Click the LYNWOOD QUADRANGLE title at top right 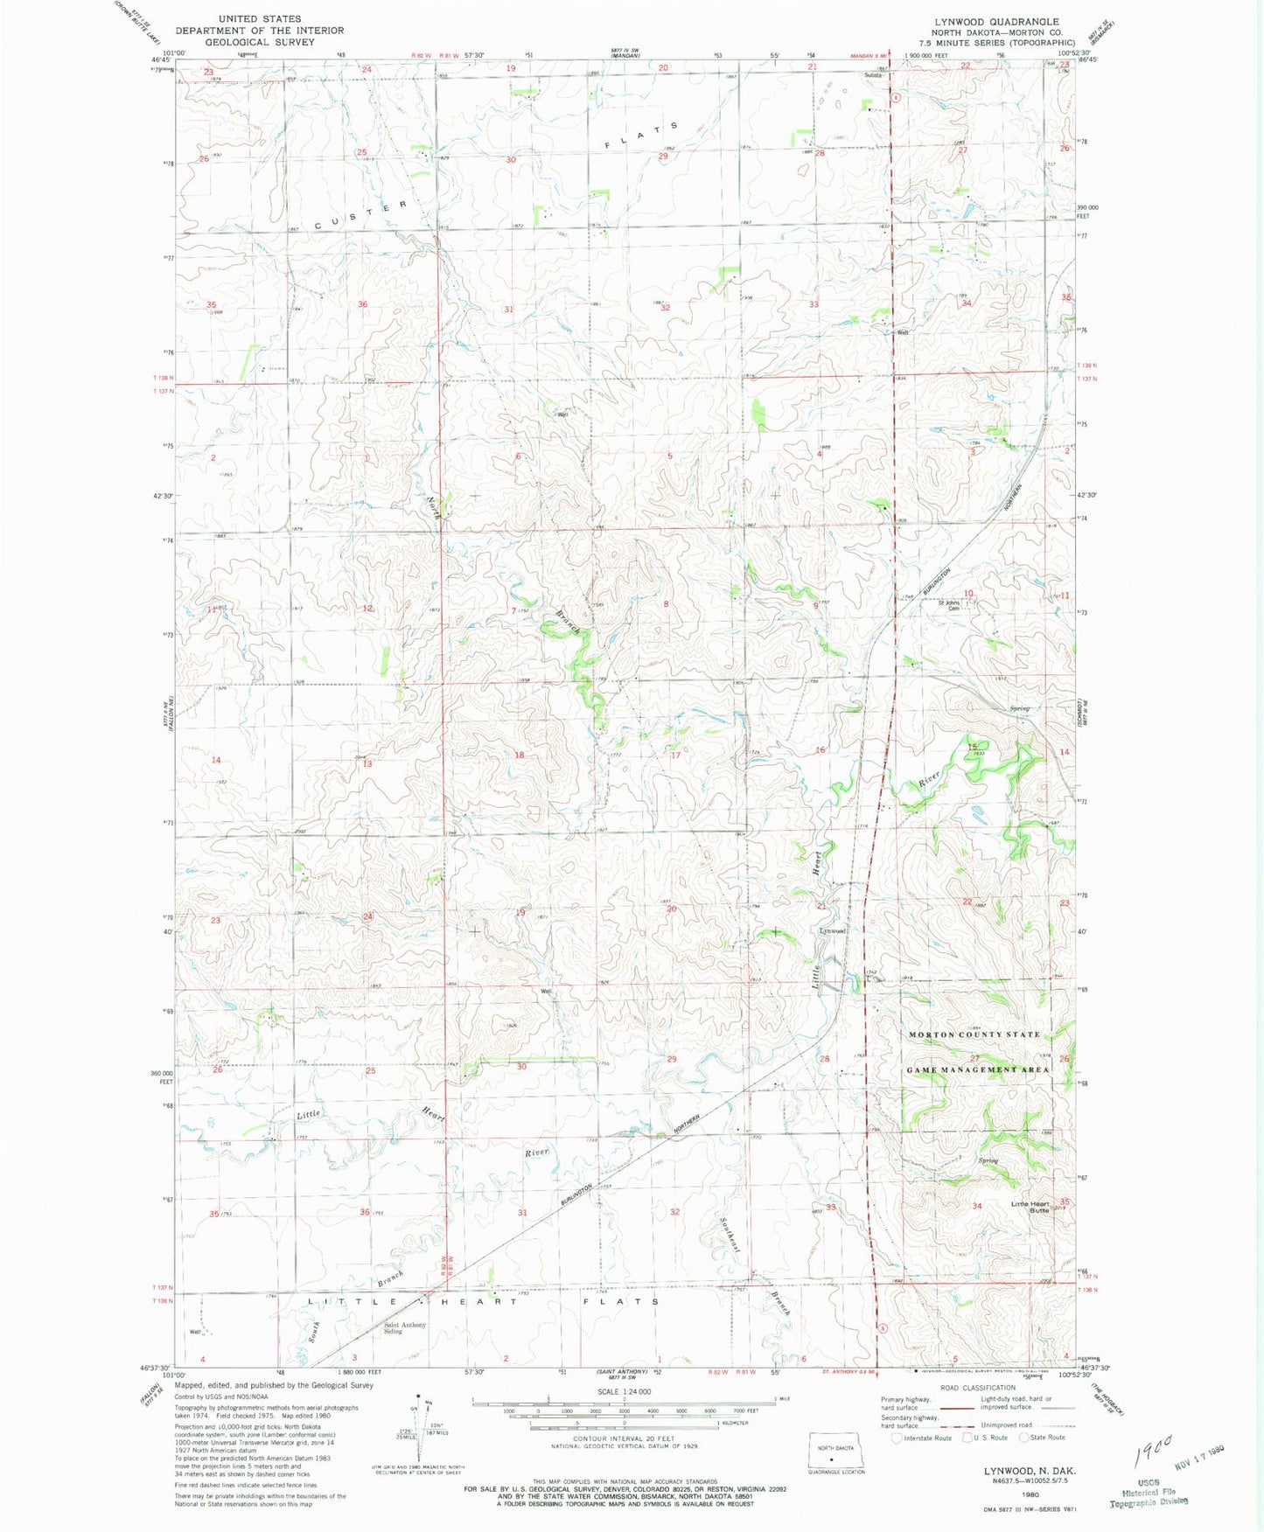point(995,22)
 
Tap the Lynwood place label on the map point(832,930)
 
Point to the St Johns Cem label point(950,605)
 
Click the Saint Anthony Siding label point(405,1328)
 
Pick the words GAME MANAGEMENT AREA point(978,1069)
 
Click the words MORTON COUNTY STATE point(974,1034)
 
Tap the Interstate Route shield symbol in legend point(896,1438)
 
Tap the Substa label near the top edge point(873,75)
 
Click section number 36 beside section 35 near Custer point(362,304)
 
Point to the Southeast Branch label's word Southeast point(730,1235)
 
